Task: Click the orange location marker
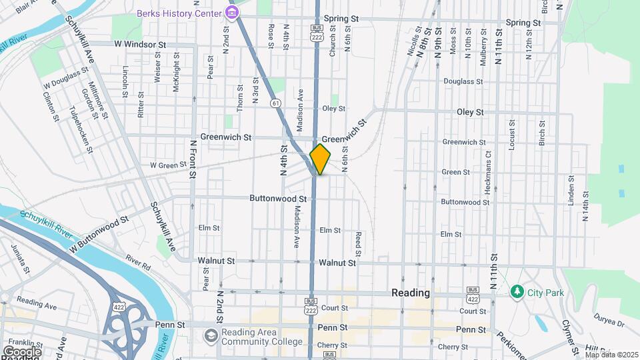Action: [x=321, y=159]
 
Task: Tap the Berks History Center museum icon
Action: [x=232, y=13]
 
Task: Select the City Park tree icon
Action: [x=516, y=292]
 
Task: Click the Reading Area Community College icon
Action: [x=211, y=334]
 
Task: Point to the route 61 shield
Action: [x=275, y=103]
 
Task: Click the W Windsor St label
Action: [x=139, y=44]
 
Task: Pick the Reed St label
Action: [x=358, y=244]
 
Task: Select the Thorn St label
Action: [x=240, y=97]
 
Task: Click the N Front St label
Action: [x=193, y=159]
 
